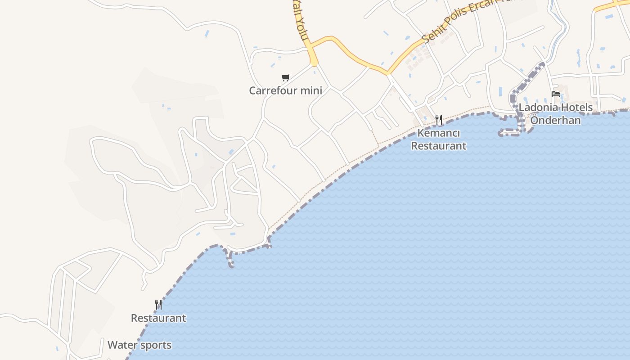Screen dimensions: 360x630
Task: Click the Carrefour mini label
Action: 285,90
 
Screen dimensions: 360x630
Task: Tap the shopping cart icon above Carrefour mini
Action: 285,77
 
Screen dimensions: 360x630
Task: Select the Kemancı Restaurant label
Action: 439,139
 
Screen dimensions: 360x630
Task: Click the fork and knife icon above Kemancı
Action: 439,120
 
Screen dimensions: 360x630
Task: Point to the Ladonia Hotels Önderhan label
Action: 556,114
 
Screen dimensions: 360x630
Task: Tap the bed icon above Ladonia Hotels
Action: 556,94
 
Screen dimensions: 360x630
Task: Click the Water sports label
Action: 139,345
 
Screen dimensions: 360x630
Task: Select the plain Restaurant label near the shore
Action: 158,318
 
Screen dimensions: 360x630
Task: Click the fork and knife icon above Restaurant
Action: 158,305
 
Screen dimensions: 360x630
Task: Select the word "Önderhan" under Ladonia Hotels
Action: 556,120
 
